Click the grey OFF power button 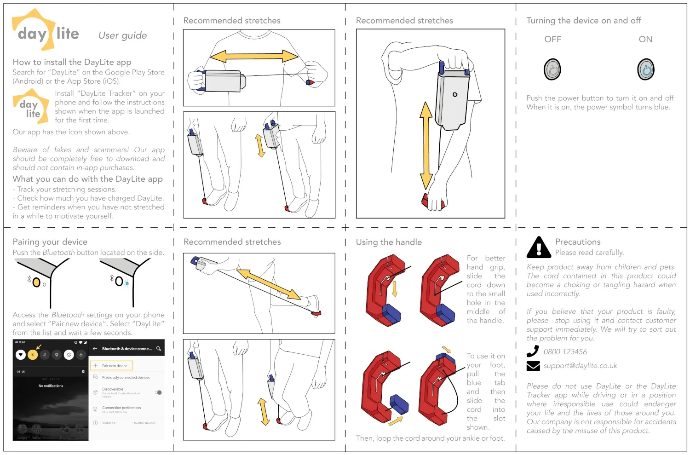coord(552,70)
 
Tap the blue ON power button coord(646,70)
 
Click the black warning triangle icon coord(539,248)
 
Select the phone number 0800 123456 coord(565,352)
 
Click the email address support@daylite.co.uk coord(580,366)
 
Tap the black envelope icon coord(533,366)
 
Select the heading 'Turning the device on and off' coord(583,21)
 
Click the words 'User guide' coord(122,35)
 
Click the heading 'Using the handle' coord(389,242)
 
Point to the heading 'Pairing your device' coord(50,242)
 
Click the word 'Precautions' coord(578,242)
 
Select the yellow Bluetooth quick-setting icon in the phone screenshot coord(33,355)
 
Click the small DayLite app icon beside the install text coord(31,107)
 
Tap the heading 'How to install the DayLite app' coord(72,62)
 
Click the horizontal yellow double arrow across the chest coord(254,56)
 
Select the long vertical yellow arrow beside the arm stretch coord(426,145)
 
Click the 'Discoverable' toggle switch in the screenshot coord(158,392)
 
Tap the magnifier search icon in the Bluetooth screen coord(159,349)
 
